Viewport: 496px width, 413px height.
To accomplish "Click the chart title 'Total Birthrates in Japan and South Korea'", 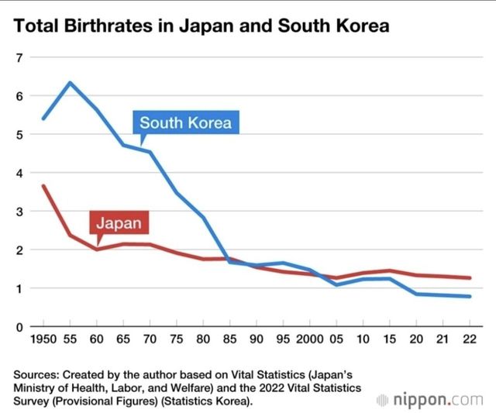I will (x=201, y=26).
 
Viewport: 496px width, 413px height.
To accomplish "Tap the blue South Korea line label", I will (x=185, y=122).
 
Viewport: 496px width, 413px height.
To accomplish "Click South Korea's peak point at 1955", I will (x=70, y=82).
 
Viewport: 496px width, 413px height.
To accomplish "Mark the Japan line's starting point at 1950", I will (x=43, y=186).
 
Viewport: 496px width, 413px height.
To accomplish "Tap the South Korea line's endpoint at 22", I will (x=470, y=296).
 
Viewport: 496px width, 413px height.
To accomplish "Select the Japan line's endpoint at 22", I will (x=470, y=277).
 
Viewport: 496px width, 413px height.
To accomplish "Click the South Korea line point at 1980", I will (x=204, y=217).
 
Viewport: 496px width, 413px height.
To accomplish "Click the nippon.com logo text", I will (x=437, y=401).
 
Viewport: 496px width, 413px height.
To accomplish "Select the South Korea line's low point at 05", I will (x=336, y=284).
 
